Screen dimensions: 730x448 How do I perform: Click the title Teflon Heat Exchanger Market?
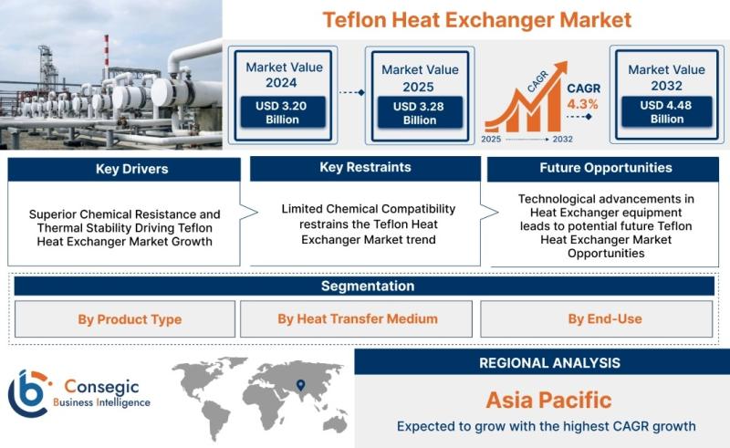pyautogui.click(x=476, y=20)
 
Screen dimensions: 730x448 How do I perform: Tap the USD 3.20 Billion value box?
pyautogui.click(x=282, y=112)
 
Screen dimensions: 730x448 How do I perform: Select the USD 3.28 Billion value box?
pyautogui.click(x=420, y=113)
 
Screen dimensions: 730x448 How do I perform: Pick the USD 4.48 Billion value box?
pyautogui.click(x=666, y=111)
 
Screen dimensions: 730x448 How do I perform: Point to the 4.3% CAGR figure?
pyautogui.click(x=582, y=104)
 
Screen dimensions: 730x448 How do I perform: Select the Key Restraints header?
pyautogui.click(x=365, y=168)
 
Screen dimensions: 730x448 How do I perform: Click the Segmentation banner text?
pyautogui.click(x=368, y=286)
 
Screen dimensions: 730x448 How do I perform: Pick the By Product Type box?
pyautogui.click(x=125, y=319)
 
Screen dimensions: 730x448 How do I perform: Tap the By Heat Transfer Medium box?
pyautogui.click(x=356, y=318)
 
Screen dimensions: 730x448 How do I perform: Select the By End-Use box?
pyautogui.click(x=597, y=318)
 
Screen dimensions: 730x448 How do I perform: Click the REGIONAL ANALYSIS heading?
pyautogui.click(x=550, y=363)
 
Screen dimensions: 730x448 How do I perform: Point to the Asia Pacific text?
pyautogui.click(x=549, y=400)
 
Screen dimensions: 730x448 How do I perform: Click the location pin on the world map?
pyautogui.click(x=301, y=385)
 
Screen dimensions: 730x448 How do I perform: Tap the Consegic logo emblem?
pyautogui.click(x=28, y=393)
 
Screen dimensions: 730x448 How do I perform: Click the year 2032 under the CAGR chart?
pyautogui.click(x=562, y=139)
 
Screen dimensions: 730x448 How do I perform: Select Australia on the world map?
pyautogui.click(x=335, y=423)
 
